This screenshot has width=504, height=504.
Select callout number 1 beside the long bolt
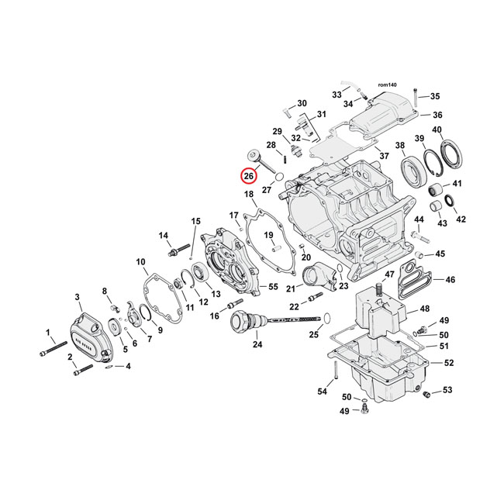pos(48,333)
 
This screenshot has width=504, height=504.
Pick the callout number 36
pos(437,115)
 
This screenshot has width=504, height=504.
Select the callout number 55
pos(272,287)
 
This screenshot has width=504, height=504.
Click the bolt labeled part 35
pos(417,98)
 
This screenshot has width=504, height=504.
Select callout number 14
pos(164,236)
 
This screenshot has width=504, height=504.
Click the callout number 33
pos(337,94)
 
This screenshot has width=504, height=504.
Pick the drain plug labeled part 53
pos(426,396)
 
